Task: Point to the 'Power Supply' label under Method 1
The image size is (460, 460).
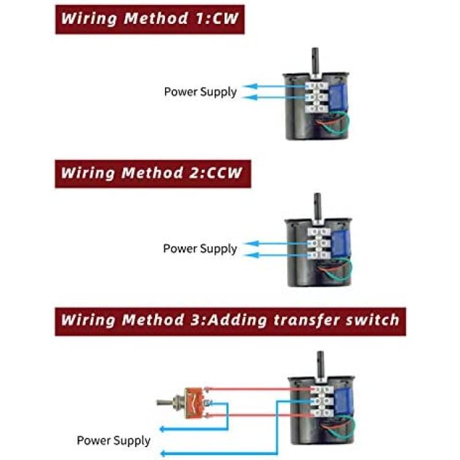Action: click(x=200, y=92)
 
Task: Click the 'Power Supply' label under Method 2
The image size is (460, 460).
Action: click(x=199, y=248)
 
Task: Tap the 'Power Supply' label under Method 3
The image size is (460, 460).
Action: click(x=113, y=440)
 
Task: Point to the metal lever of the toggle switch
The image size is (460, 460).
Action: click(x=166, y=403)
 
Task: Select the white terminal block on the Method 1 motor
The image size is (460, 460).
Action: click(x=317, y=97)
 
